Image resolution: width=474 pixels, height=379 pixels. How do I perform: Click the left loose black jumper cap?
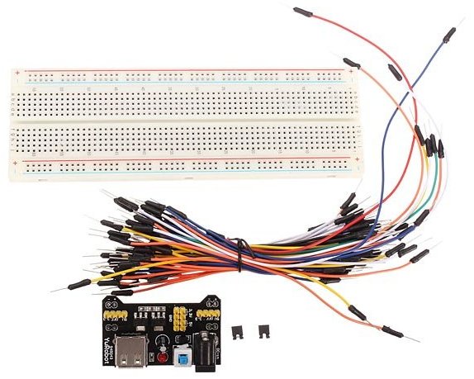click(241, 333)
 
